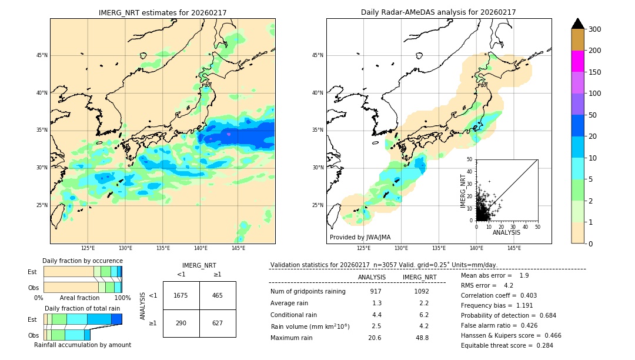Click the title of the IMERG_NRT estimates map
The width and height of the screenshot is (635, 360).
pos(162,12)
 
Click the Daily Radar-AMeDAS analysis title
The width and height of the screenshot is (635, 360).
pos(438,12)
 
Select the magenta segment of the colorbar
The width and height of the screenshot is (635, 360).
pos(577,61)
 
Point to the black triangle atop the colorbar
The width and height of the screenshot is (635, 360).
pos(577,24)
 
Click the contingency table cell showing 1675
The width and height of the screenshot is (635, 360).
pos(181,295)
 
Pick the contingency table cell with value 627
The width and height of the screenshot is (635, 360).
pos(217,323)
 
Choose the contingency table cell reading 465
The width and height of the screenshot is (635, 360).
pos(217,295)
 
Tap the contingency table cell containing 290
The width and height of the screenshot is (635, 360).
pos(181,323)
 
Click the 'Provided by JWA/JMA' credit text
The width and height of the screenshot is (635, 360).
pos(360,238)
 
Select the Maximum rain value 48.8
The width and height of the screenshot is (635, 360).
pos(422,338)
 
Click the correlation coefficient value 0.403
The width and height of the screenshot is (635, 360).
pos(524,295)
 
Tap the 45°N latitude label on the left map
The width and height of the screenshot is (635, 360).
pos(42,55)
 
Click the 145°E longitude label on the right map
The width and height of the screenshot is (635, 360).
pos(514,248)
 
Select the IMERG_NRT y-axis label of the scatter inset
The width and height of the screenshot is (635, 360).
pos(463,190)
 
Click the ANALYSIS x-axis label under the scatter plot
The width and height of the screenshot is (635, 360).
pos(506,233)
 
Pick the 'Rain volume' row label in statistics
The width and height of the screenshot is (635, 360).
pos(310,326)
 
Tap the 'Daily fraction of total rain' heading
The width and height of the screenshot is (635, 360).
pos(82,308)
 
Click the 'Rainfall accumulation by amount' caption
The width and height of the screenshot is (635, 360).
pos(82,345)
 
